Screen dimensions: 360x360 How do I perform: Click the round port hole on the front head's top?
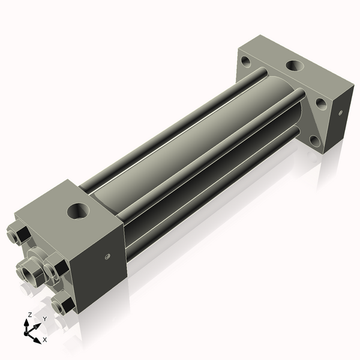point(77,211)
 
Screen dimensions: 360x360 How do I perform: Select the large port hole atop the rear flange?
point(295,66)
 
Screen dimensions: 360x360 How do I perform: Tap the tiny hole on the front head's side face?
point(107,256)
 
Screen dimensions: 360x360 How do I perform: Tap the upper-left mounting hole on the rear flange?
point(247,60)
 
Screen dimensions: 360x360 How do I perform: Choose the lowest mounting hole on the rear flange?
point(315,141)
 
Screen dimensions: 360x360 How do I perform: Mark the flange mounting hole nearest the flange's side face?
point(322,104)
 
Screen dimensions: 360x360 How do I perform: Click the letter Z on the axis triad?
point(29,314)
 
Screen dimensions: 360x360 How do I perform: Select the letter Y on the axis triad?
point(44,319)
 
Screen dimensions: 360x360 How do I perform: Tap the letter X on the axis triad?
point(44,340)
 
